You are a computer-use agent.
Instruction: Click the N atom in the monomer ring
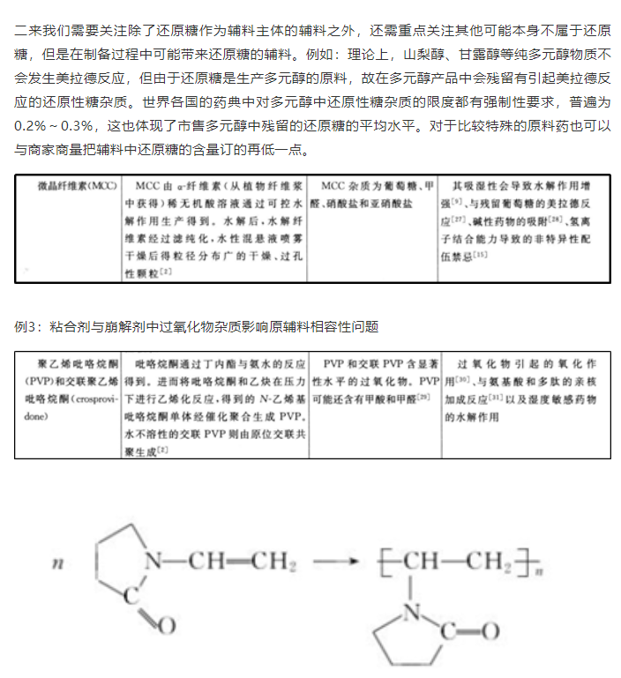pos(153,559)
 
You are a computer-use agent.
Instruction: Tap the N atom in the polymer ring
pos(408,608)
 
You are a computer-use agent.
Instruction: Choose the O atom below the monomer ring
pos(168,625)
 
